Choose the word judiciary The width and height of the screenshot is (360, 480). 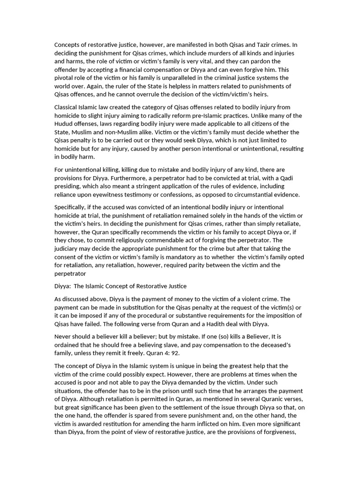click(x=69, y=248)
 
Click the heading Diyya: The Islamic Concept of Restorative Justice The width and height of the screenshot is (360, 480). click(x=120, y=286)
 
